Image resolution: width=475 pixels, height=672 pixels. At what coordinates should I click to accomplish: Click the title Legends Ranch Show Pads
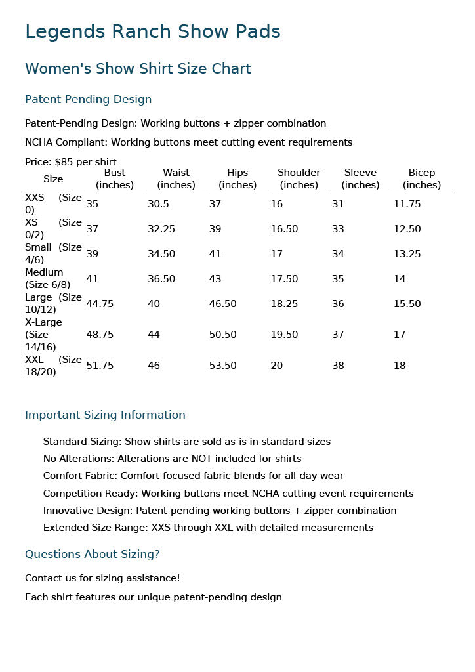pos(152,31)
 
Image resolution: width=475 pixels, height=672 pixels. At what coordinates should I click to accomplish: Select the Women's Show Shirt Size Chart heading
pos(138,69)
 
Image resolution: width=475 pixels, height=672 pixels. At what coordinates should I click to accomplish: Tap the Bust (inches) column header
pos(115,178)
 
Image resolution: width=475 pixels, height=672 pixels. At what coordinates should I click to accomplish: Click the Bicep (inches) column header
pos(422,178)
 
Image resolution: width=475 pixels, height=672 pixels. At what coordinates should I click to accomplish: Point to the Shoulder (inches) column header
pos(299,178)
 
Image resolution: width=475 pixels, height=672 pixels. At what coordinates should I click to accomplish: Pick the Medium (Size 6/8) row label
pos(47,278)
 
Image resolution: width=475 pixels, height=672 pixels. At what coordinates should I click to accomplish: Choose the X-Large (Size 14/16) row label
pos(43,334)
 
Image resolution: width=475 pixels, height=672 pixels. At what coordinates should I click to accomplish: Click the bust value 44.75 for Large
pos(100,304)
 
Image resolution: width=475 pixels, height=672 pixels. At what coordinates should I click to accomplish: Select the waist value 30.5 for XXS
pos(158,204)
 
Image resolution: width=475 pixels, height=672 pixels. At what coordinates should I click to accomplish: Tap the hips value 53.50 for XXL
pos(222,366)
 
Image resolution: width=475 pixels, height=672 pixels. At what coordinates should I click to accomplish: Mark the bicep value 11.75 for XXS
pos(407,204)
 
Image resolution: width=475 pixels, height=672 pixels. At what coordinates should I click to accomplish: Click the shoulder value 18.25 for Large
pos(284,304)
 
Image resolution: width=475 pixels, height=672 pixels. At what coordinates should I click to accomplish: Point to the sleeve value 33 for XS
pos(338,229)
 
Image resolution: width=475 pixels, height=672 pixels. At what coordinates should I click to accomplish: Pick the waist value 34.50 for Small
pos(161,254)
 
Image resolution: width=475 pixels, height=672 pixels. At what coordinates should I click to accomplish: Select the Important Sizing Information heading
pos(105,415)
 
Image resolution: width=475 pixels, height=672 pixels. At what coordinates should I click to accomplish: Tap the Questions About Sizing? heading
pos(92,554)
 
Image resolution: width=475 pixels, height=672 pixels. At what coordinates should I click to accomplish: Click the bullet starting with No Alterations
pos(172,459)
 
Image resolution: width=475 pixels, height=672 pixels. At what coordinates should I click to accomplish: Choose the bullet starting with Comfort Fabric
pos(193,476)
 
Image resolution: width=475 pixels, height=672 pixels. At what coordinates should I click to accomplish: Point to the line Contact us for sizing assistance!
pos(102,578)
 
